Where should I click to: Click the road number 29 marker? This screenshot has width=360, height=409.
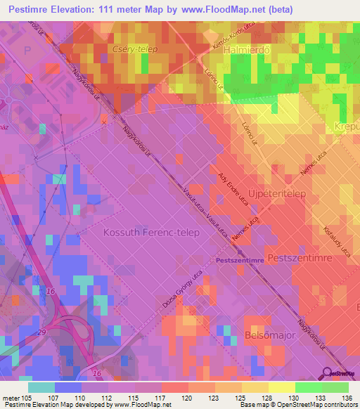tap(43, 330)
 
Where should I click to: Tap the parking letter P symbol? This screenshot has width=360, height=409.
tap(27, 50)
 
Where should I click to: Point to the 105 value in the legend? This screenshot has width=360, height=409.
tap(27, 398)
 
